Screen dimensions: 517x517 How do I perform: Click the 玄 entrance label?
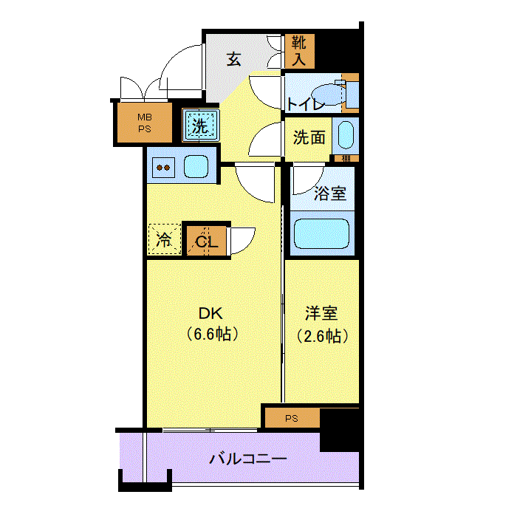point(233,59)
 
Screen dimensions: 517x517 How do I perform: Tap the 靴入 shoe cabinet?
point(300,52)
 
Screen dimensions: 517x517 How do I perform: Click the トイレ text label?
point(306,105)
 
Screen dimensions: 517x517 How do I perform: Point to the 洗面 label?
point(309,137)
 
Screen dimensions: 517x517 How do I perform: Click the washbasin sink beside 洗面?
point(345,137)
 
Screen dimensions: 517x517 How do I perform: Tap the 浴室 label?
point(329,194)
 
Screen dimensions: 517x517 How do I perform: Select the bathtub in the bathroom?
point(321,234)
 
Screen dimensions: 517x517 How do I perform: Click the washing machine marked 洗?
point(200,126)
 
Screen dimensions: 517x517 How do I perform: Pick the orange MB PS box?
point(143,123)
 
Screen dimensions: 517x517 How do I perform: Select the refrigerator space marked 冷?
point(163,239)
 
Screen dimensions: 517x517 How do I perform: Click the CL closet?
point(205,239)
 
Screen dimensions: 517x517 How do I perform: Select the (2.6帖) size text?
point(322,336)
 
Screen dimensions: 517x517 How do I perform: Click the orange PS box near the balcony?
point(292,418)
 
